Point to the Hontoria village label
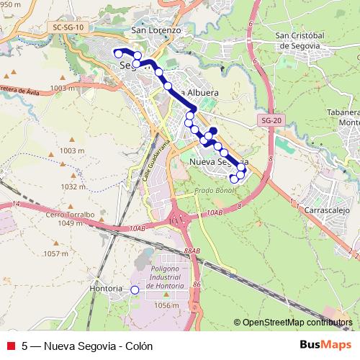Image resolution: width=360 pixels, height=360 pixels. click(x=106, y=289)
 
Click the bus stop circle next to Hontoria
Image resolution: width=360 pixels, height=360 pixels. click(x=134, y=289)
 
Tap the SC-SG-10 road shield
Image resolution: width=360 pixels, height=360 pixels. click(x=68, y=27)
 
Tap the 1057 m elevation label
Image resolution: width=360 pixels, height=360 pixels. click(x=55, y=253)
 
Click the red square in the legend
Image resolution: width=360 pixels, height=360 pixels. click(x=10, y=346)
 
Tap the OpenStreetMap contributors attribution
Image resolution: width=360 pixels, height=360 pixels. click(x=297, y=323)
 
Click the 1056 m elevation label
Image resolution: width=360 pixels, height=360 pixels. click(x=166, y=305)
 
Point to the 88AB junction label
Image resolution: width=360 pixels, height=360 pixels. click(x=192, y=250)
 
